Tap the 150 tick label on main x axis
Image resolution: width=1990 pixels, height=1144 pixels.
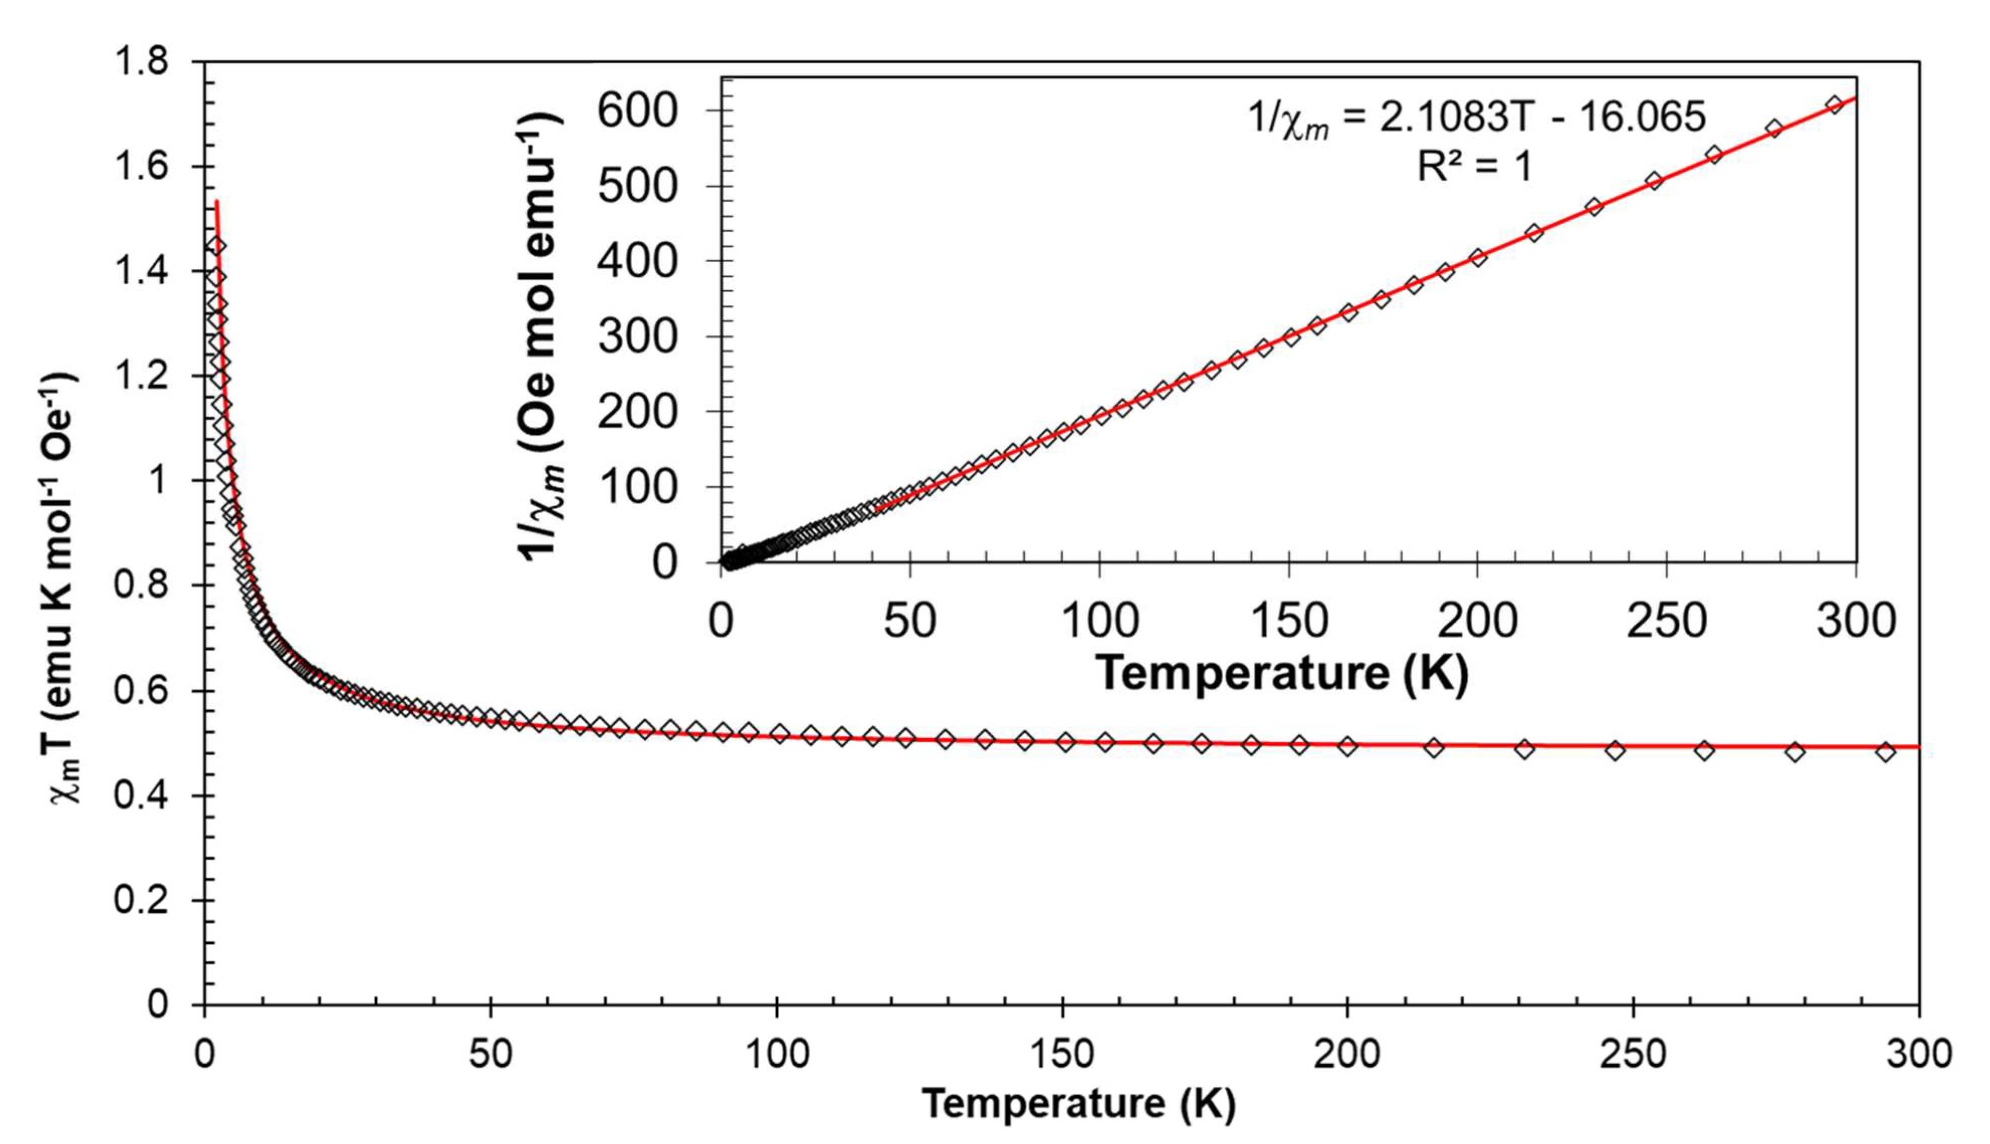(1062, 1055)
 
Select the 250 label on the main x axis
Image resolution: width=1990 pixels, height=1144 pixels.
(1633, 1055)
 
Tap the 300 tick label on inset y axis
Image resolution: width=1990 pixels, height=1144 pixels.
(637, 338)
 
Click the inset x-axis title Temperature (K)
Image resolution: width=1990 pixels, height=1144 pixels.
(1281, 673)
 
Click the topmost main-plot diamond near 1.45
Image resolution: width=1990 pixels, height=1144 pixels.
(217, 246)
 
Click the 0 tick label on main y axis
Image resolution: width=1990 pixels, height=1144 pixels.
(157, 1004)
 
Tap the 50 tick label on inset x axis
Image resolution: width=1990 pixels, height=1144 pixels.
(910, 621)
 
